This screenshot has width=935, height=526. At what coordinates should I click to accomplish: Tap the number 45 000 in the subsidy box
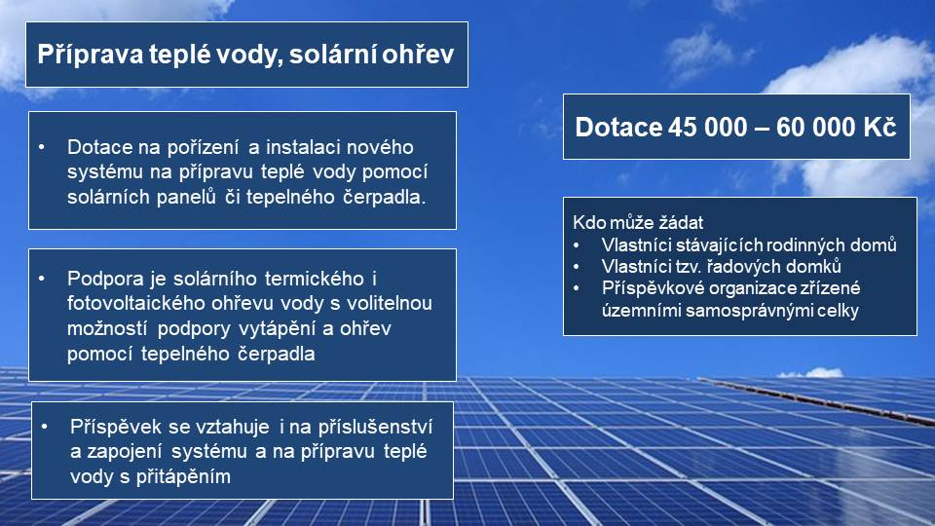coord(699,127)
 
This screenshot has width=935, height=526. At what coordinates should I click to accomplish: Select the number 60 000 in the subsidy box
coord(807,127)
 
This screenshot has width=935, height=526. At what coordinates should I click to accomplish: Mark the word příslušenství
coord(374,427)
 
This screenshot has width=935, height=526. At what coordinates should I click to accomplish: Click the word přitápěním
coord(183,477)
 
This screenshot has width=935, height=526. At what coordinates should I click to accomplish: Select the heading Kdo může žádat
coord(637,222)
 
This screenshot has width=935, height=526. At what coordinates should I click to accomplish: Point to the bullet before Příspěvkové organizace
coord(577,288)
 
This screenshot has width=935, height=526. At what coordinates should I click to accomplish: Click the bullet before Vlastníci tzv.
coord(577,267)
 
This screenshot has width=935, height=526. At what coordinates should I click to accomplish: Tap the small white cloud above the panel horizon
coord(812,373)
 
